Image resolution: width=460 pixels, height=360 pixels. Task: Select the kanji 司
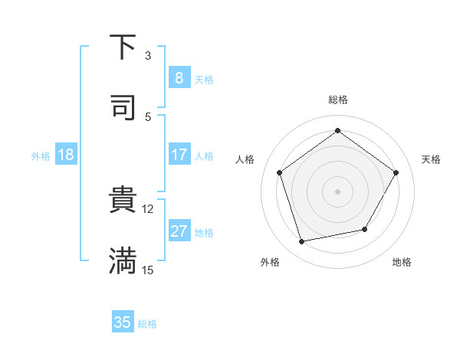pos(123,107)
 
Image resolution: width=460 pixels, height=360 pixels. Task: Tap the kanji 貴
pos(123,201)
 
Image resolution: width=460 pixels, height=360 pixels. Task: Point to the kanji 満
pos(123,260)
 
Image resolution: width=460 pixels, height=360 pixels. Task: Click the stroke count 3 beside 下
pos(148,56)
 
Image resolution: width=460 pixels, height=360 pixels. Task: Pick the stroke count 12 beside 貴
pos(148,209)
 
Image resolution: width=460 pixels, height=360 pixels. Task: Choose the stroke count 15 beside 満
pos(148,270)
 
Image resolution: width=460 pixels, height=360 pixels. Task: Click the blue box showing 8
pos(179,78)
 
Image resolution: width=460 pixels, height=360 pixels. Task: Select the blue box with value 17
pos(179,155)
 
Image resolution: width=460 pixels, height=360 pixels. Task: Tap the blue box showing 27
pos(179,231)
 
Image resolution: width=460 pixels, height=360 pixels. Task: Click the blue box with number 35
pos(123,322)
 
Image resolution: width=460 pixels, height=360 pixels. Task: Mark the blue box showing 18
pos(66,155)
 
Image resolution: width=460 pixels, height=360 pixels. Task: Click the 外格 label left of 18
pos(41,155)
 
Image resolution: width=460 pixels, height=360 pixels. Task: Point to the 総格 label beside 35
pos(147,323)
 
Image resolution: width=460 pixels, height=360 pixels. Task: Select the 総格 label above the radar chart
pos(337,100)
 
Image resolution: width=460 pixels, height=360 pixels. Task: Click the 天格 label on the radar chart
pos(432,159)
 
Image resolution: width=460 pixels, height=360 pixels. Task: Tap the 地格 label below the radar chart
pos(402,262)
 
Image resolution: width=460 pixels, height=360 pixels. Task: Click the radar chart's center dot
pos(337,191)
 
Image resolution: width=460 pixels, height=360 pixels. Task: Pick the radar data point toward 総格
pos(337,131)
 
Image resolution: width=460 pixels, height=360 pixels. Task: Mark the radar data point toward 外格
pos(302,241)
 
